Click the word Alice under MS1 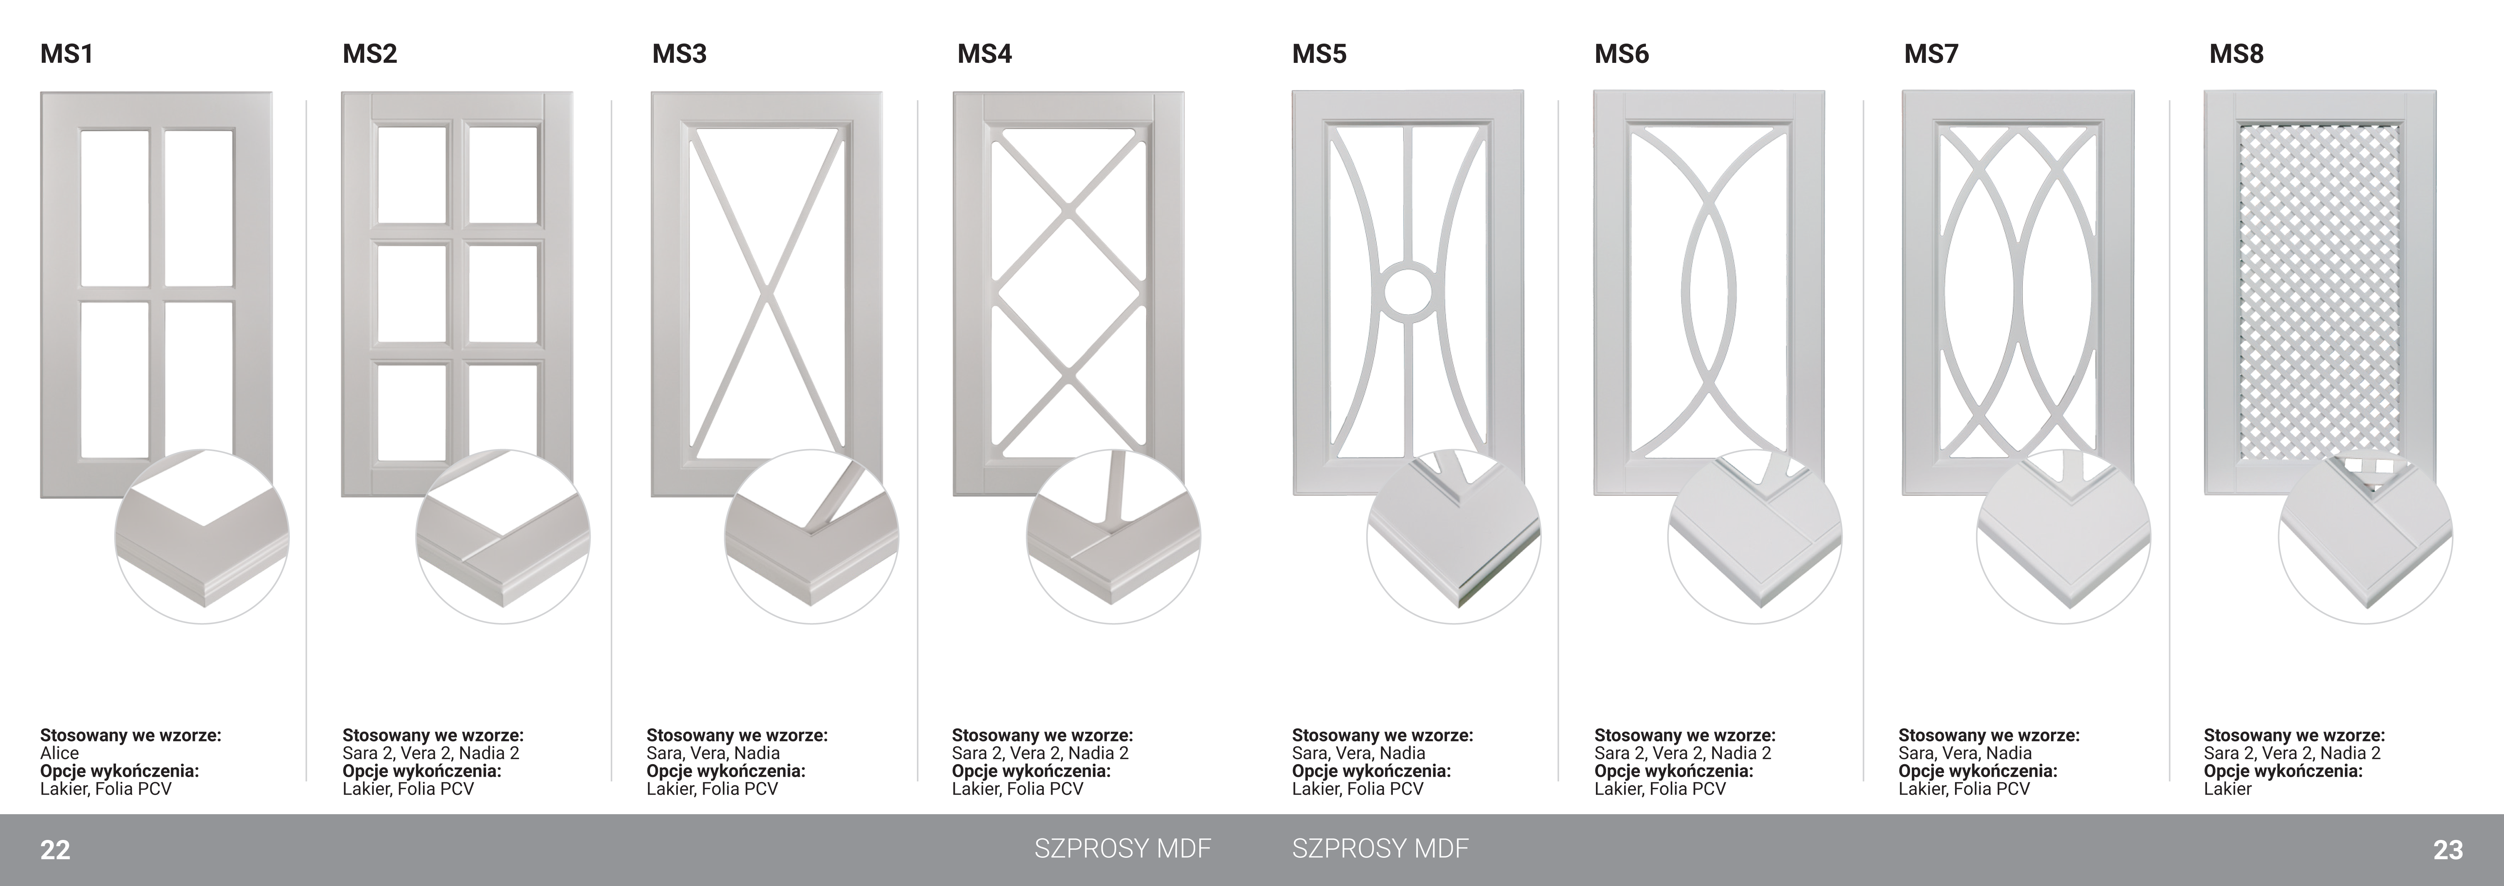tap(59, 753)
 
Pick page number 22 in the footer tap(54, 850)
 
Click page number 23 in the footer tap(2448, 850)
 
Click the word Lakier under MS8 tap(2227, 789)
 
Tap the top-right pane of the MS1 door tap(198, 207)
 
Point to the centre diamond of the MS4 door tap(1068, 290)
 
